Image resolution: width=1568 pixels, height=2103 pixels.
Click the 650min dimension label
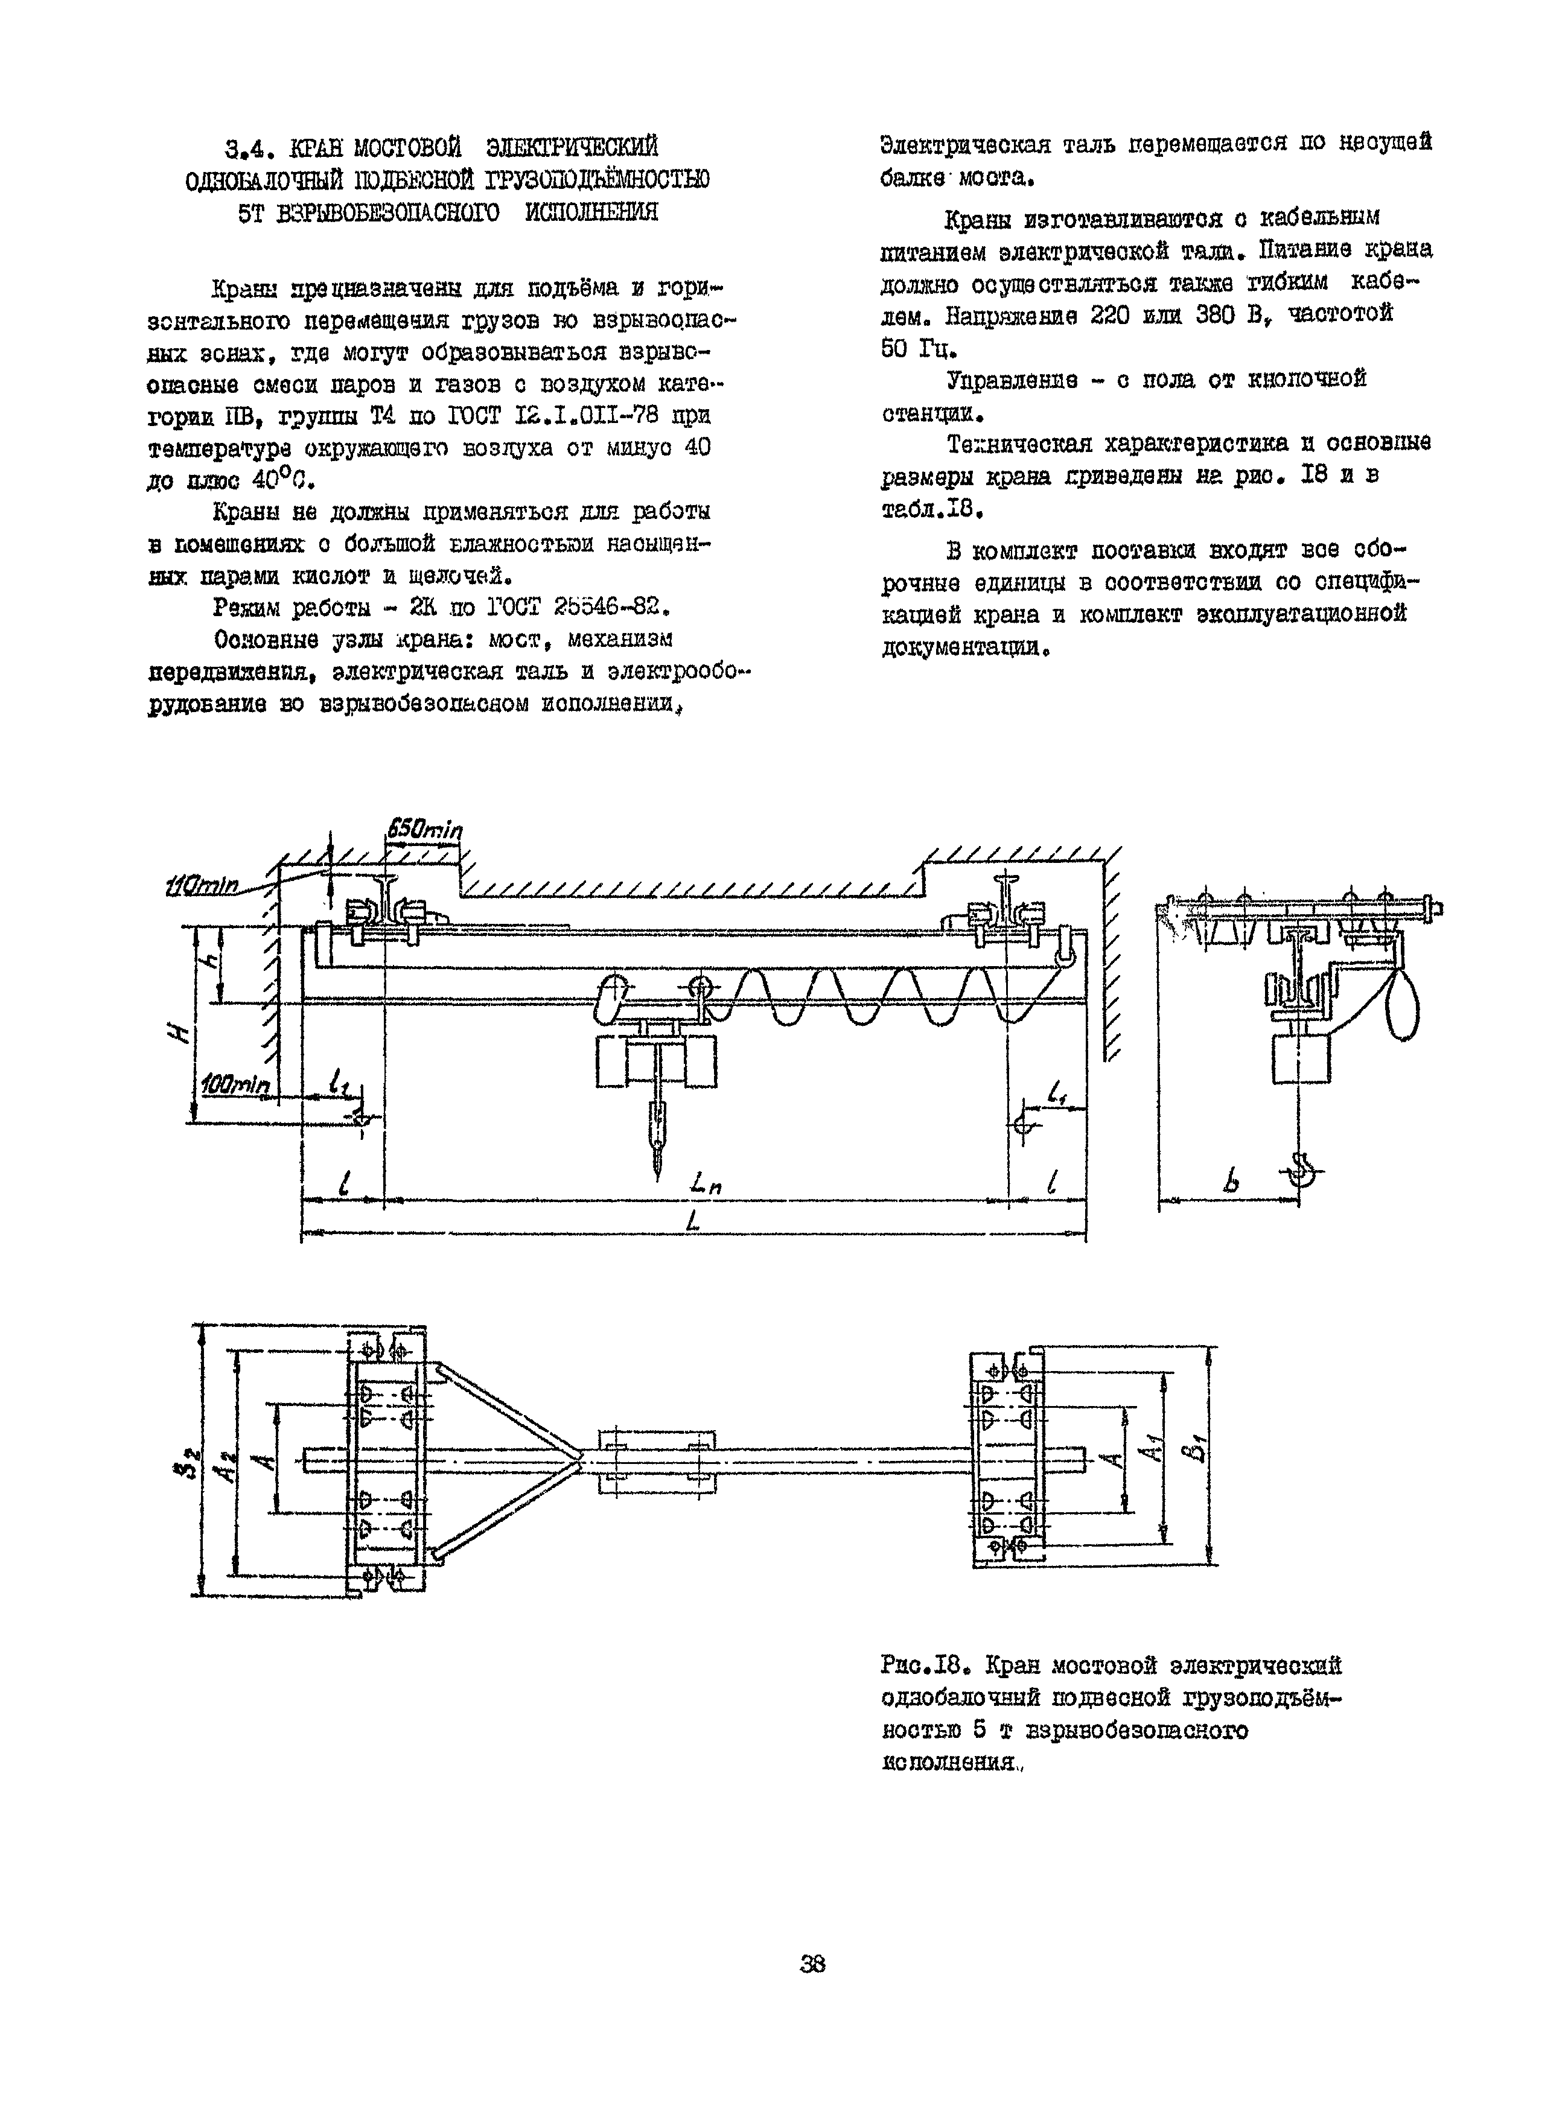coord(424,829)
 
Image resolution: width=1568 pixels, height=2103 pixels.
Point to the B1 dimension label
coord(1199,1449)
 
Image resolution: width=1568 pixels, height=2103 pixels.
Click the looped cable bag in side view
coord(1403,1002)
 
